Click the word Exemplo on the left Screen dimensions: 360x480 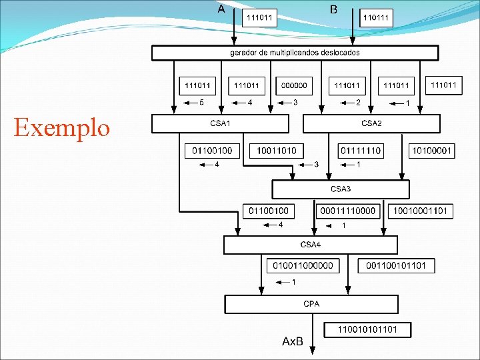[61, 127]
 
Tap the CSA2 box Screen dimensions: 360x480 [371, 123]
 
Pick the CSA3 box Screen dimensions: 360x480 [341, 189]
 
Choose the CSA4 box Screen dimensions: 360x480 [311, 245]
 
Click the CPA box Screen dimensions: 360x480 [311, 304]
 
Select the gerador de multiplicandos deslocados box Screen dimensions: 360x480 [295, 53]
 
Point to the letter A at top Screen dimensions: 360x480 [221, 9]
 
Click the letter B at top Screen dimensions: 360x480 [333, 9]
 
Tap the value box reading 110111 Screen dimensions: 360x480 [377, 18]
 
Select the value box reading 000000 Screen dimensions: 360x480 [294, 85]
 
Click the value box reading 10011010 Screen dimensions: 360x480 [275, 151]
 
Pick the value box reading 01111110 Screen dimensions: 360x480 [361, 151]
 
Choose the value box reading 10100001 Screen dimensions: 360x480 [431, 151]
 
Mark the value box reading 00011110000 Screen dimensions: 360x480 [347, 211]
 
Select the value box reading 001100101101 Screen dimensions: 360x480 [397, 265]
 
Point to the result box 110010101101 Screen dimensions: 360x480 [367, 329]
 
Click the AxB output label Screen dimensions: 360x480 [293, 341]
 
